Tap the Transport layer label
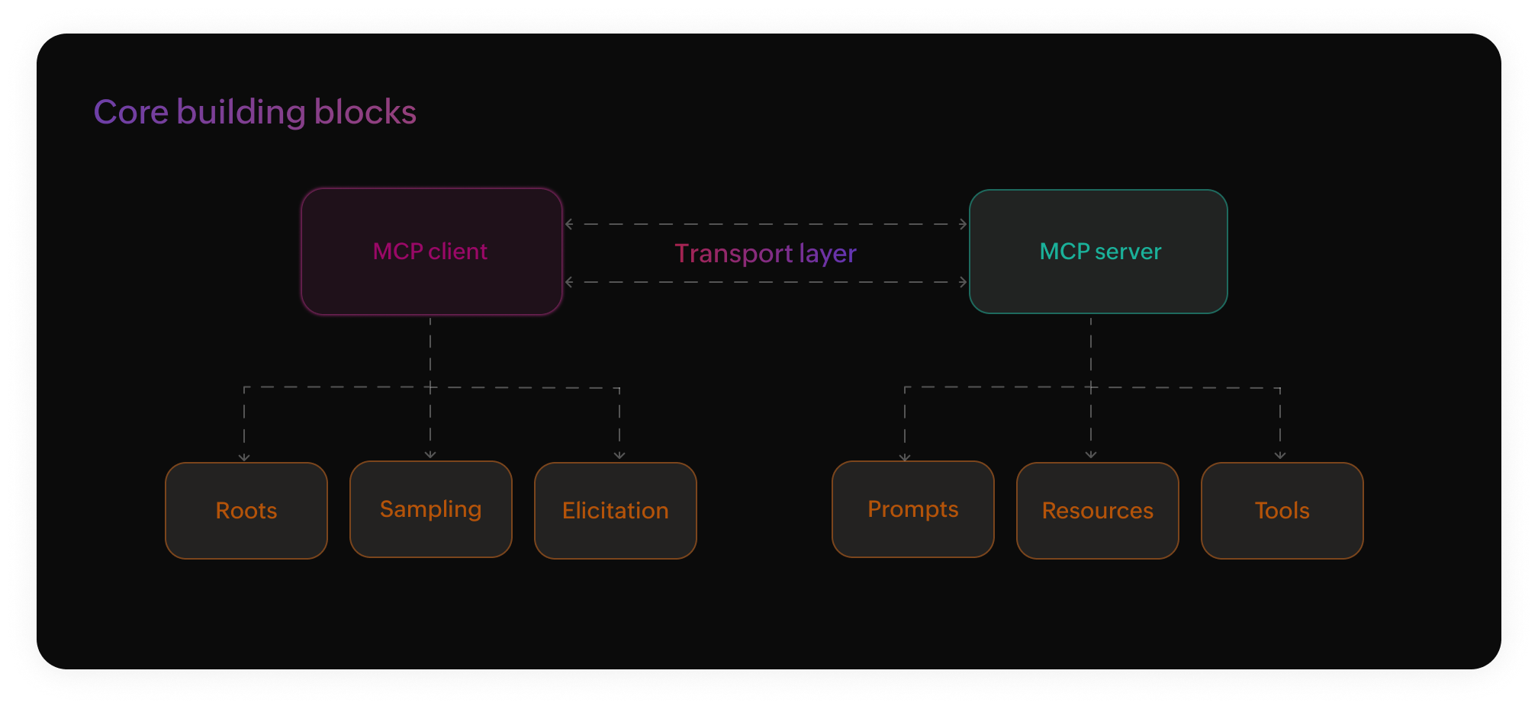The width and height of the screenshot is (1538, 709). [x=765, y=253]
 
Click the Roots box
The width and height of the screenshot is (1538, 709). [x=246, y=510]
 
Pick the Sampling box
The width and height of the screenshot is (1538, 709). [x=430, y=508]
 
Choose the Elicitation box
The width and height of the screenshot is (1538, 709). [x=615, y=510]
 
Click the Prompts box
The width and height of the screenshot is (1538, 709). [x=912, y=508]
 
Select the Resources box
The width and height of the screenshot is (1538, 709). [x=1097, y=510]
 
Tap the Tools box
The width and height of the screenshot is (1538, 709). [x=1282, y=510]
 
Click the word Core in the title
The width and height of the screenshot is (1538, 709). [x=130, y=112]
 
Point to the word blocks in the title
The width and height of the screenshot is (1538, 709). [x=365, y=112]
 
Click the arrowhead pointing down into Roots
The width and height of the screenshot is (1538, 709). [x=244, y=457]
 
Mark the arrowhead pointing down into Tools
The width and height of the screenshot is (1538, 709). [x=1280, y=455]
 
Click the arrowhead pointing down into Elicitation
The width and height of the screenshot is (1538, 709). [x=619, y=455]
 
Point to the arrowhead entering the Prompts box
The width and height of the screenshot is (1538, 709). [x=905, y=457]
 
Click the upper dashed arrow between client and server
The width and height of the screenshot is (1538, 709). [x=765, y=224]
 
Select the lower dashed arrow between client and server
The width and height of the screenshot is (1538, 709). [x=765, y=282]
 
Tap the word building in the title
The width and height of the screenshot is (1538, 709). [x=241, y=112]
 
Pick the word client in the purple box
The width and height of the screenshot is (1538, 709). [x=457, y=252]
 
